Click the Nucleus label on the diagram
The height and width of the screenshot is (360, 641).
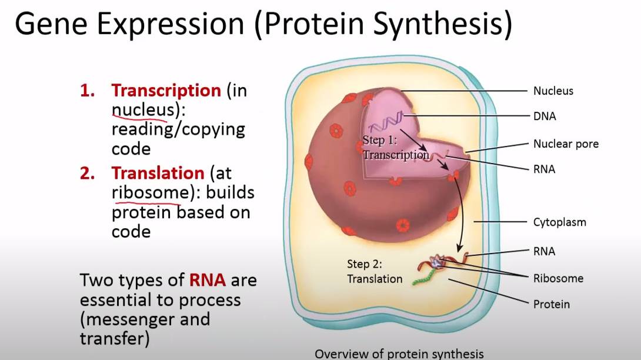click(553, 91)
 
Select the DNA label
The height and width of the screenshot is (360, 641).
click(545, 116)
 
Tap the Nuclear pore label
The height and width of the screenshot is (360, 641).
click(566, 144)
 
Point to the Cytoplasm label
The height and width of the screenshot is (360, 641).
click(560, 222)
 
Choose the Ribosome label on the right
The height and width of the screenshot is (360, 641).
click(558, 278)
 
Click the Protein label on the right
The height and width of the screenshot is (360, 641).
click(552, 304)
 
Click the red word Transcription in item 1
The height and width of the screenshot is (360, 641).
click(166, 91)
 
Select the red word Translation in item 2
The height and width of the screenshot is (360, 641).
click(158, 173)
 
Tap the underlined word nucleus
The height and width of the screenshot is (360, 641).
click(143, 109)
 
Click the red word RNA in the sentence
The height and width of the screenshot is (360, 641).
click(207, 280)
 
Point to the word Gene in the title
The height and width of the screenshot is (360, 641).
click(51, 24)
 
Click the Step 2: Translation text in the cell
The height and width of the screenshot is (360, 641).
click(375, 272)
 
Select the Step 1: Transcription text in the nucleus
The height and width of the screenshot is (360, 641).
click(396, 147)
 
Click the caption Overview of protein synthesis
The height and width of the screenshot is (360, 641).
click(399, 354)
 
